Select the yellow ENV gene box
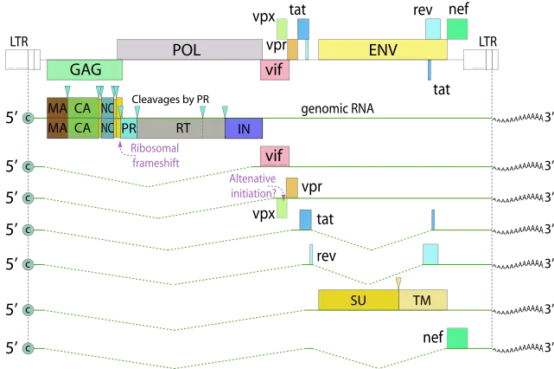coord(382,49)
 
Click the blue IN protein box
coord(244,127)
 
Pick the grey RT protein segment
coord(182,127)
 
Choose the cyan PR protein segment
coord(129,127)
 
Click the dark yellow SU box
coord(358,300)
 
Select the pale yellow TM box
coord(423,300)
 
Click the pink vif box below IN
coord(274,156)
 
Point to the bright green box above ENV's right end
coord(457,29)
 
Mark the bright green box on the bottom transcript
coord(456,339)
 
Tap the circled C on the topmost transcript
coord(28,118)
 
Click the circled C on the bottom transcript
coord(28,348)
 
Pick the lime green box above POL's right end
coord(282,29)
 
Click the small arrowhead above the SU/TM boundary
coord(398,282)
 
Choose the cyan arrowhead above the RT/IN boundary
coord(225,109)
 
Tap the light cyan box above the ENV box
coord(431,29)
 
